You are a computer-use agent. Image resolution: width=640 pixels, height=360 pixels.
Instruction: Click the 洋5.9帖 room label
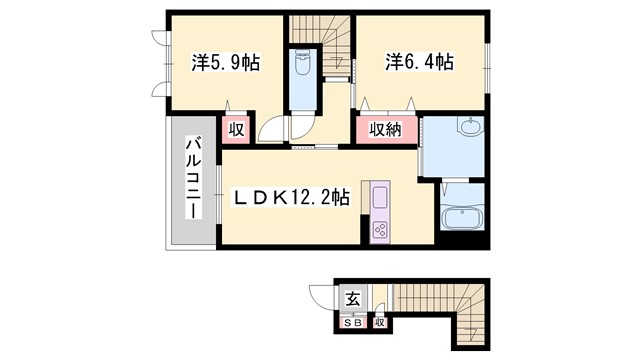[x=226, y=63]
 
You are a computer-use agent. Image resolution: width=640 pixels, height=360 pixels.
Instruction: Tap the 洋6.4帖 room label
[x=420, y=63]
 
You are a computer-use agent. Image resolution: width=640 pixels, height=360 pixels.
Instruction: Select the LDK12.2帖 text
[x=291, y=199]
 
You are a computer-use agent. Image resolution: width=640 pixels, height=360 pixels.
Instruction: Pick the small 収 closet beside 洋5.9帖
[x=237, y=129]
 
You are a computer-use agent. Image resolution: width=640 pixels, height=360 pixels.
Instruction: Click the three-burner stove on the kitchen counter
[x=382, y=230]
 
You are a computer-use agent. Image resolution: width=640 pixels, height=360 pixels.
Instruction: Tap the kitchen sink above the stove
[x=382, y=197]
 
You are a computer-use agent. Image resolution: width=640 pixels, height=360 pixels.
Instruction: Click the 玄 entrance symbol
[x=352, y=299]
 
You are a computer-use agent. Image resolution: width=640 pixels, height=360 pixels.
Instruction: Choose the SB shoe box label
[x=353, y=322]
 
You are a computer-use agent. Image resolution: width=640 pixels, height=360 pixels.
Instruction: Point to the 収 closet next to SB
[x=380, y=322]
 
